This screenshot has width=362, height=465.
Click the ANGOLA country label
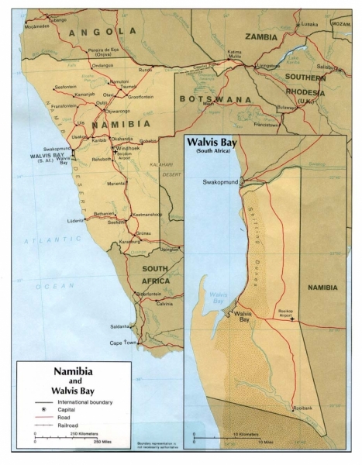(102, 32)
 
